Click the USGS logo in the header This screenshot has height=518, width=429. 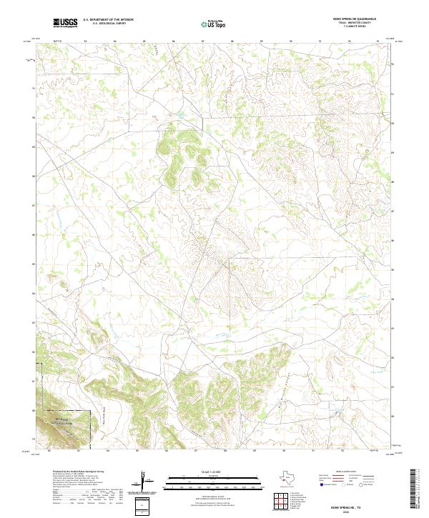tap(64, 24)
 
